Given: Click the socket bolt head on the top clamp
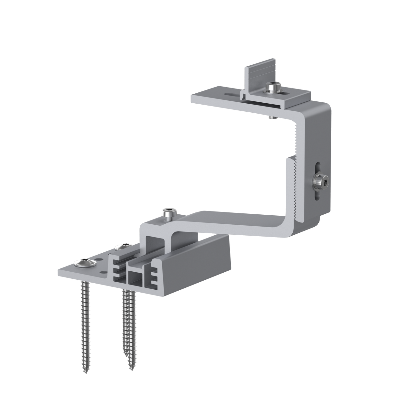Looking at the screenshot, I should tap(272, 87).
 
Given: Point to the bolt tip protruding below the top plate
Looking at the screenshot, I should tap(272, 117).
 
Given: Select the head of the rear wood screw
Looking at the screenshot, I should tap(123, 247).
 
